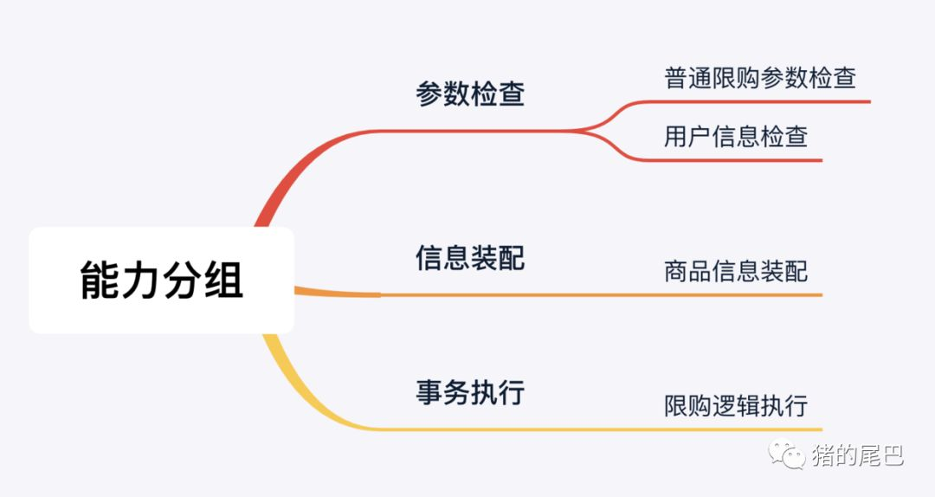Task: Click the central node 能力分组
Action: click(162, 281)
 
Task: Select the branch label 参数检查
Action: click(470, 94)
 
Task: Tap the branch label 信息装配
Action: click(470, 258)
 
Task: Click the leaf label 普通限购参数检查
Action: click(760, 78)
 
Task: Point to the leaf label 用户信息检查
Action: click(736, 137)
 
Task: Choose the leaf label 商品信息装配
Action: click(736, 272)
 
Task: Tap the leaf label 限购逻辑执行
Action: click(736, 405)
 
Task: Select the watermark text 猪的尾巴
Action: click(857, 456)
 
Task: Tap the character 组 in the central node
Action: click(224, 281)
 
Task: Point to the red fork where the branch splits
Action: click(597, 130)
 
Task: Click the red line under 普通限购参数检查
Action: click(762, 101)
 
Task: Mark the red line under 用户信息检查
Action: click(736, 160)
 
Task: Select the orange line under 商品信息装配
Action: click(736, 295)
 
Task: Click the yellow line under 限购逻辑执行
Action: click(736, 429)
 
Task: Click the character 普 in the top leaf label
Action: click(676, 78)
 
